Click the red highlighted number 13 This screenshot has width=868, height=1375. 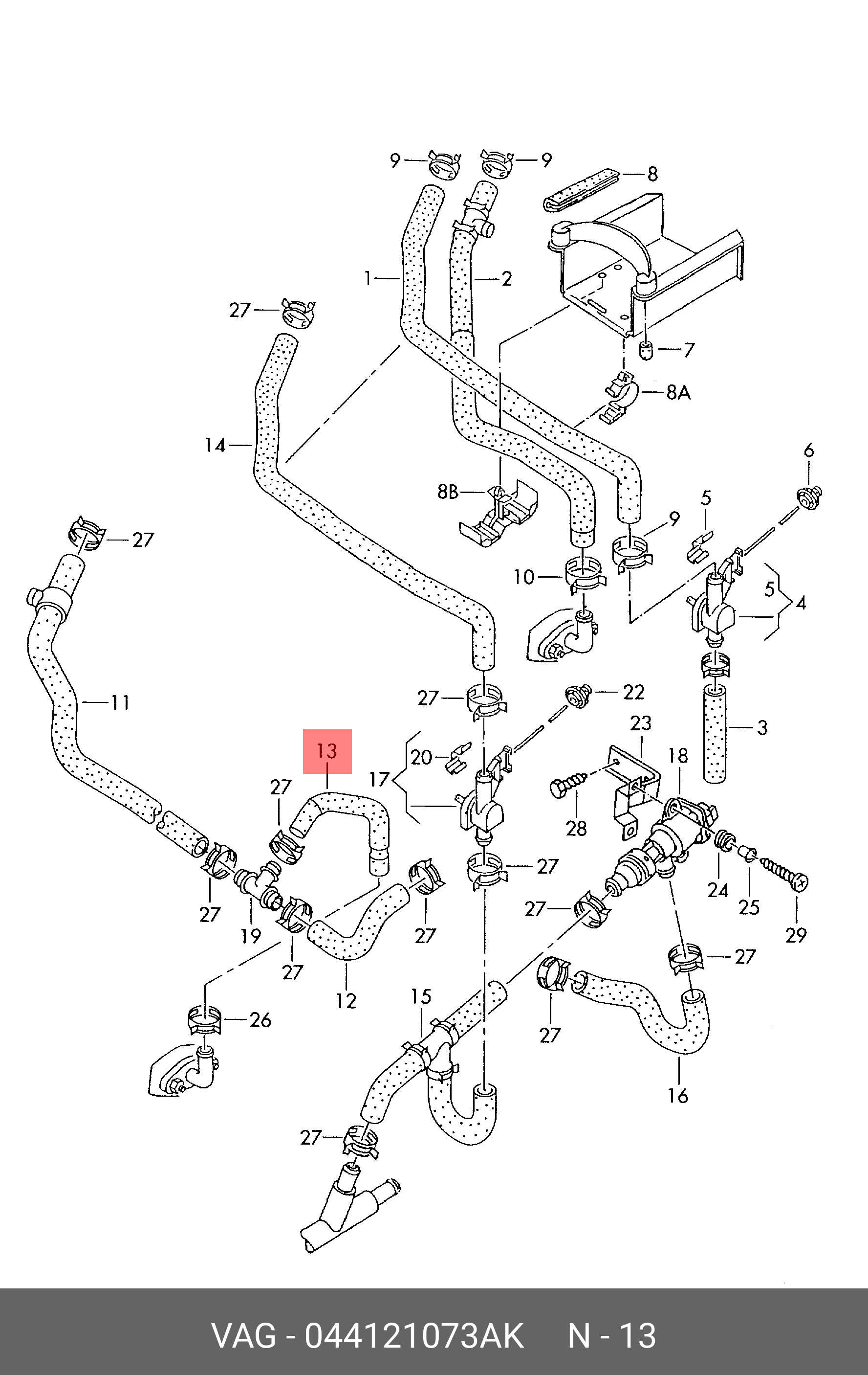(x=327, y=751)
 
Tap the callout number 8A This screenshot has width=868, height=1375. (x=678, y=392)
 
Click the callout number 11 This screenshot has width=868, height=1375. (x=120, y=702)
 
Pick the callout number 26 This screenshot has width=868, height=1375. (x=260, y=1019)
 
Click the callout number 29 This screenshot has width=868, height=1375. (x=796, y=935)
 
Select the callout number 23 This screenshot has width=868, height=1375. (x=640, y=723)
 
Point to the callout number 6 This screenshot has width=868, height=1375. (x=809, y=451)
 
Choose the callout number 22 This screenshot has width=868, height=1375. (x=633, y=692)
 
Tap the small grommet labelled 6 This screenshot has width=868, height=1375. (x=809, y=497)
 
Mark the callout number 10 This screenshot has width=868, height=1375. (x=524, y=577)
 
